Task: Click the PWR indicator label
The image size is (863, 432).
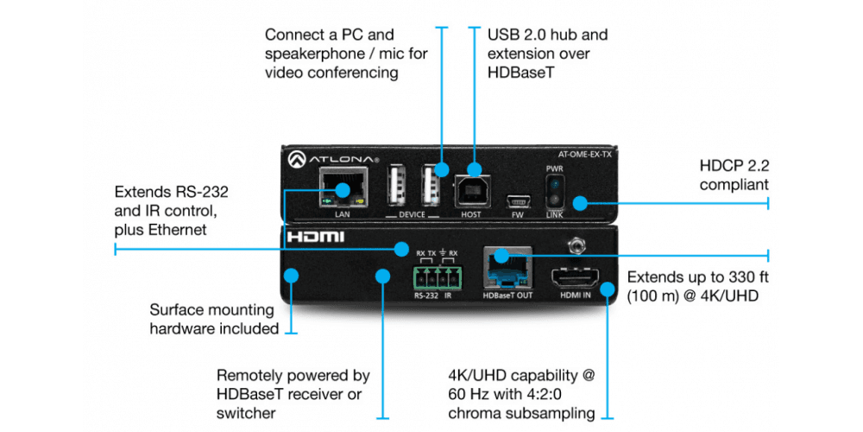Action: click(x=554, y=168)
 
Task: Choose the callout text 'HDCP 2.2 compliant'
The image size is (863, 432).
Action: click(x=733, y=174)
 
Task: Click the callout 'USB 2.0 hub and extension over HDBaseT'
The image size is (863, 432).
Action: click(x=547, y=54)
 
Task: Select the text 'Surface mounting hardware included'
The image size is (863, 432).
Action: click(x=213, y=319)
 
